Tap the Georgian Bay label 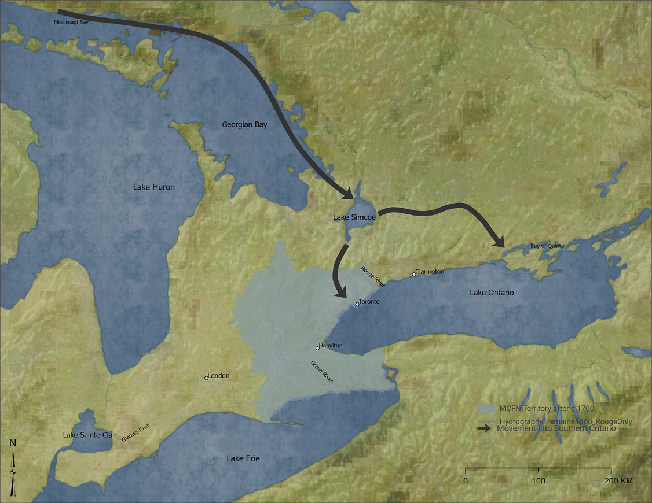[x=244, y=124]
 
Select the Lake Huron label [x=153, y=187]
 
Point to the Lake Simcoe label [x=354, y=217]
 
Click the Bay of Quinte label [x=547, y=246]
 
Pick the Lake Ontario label [x=492, y=293]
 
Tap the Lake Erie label [x=243, y=458]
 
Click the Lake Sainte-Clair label [x=85, y=434]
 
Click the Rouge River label [x=373, y=276]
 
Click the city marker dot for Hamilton [x=317, y=348]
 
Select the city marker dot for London [x=206, y=378]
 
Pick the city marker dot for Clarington [x=414, y=274]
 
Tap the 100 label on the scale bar [x=539, y=481]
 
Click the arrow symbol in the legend [x=485, y=428]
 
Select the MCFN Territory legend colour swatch [x=486, y=408]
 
